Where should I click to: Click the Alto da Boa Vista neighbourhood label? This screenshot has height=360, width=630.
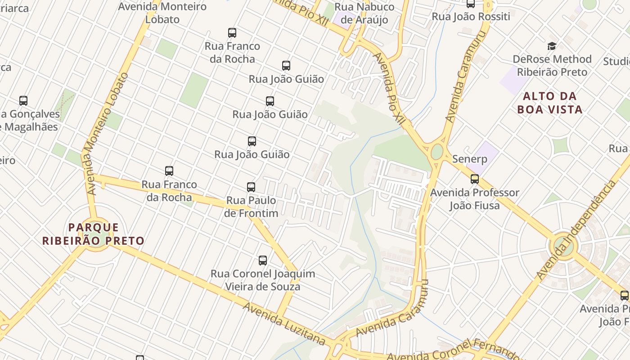tap(549, 103)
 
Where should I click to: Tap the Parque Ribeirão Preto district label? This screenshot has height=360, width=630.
tap(94, 234)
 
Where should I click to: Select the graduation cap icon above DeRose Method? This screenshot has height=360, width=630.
tap(552, 46)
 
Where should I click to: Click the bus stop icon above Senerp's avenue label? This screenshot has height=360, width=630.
tap(475, 179)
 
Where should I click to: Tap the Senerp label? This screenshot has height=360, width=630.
tap(469, 159)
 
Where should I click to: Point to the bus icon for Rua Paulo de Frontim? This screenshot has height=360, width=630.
tap(251, 187)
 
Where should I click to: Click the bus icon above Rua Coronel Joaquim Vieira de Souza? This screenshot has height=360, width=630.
tap(263, 260)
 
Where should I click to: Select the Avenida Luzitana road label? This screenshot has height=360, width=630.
tap(284, 324)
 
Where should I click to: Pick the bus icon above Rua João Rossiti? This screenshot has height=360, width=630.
tap(471, 4)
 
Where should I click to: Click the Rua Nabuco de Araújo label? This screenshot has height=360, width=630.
tap(364, 13)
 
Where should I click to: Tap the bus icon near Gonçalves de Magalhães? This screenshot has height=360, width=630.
tap(23, 101)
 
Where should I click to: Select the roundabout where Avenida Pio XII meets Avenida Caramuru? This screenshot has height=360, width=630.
tap(437, 152)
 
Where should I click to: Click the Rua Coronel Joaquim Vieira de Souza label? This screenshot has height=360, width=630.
tap(263, 280)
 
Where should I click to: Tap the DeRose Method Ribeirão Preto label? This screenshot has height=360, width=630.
tap(552, 65)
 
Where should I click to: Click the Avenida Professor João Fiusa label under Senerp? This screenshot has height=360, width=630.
tap(475, 199)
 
